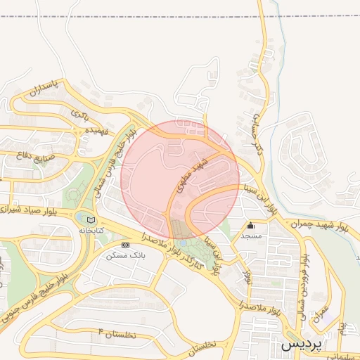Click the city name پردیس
point(302,346)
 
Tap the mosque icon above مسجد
point(250,226)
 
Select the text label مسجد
point(251,236)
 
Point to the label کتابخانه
point(91,230)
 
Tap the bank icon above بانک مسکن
point(125,245)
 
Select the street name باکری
point(81,113)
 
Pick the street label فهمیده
point(96,131)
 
